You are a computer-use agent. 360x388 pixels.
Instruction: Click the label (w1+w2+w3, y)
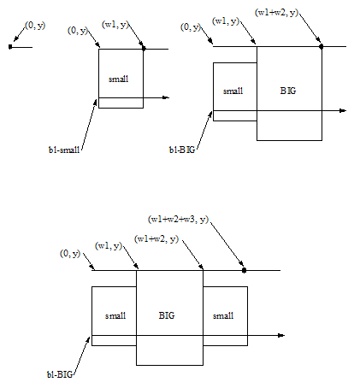tap(178, 220)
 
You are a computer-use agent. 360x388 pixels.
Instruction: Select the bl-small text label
tap(64, 150)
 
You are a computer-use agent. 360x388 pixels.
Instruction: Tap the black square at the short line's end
tap(10, 47)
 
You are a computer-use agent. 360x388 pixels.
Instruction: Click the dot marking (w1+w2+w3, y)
tap(244, 270)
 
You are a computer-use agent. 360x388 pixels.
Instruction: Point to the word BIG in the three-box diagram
tap(167, 315)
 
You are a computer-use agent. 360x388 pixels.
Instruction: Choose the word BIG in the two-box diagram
tap(288, 91)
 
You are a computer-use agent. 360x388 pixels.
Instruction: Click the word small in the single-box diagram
tap(118, 79)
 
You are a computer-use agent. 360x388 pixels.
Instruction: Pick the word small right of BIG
tap(223, 315)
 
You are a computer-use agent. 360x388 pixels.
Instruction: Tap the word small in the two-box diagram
tap(233, 91)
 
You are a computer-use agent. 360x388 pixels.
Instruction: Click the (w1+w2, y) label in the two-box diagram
tap(276, 13)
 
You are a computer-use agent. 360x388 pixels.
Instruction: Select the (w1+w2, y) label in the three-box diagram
tap(156, 238)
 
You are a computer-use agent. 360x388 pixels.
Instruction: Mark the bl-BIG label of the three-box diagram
tap(60, 374)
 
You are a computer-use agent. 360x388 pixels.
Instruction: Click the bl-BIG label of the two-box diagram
tap(182, 150)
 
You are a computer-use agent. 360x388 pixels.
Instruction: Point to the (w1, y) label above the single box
tap(115, 25)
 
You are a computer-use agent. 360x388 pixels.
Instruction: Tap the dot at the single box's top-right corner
tap(144, 49)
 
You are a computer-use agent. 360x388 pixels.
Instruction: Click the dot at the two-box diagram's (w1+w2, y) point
tap(322, 46)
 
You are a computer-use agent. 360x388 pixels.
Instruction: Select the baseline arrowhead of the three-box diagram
tap(281, 335)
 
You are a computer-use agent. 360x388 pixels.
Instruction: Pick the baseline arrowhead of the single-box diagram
tap(166, 97)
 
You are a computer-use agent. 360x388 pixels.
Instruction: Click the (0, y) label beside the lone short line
tap(35, 26)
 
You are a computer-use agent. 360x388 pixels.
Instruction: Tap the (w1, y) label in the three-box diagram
tap(109, 246)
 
